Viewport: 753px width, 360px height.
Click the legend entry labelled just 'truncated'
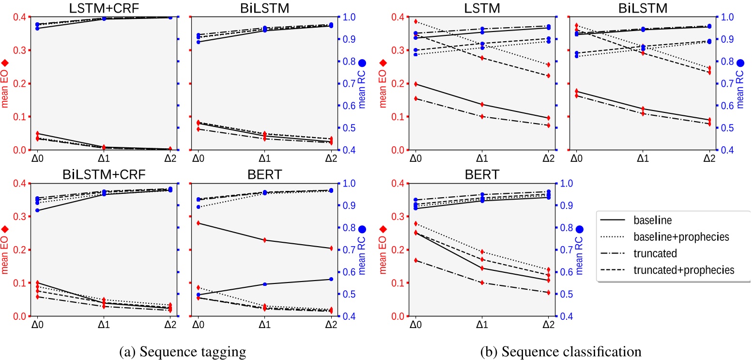click(653, 253)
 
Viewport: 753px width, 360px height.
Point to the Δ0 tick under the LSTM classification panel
click(415, 157)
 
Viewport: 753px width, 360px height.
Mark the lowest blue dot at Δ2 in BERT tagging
click(330, 279)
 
